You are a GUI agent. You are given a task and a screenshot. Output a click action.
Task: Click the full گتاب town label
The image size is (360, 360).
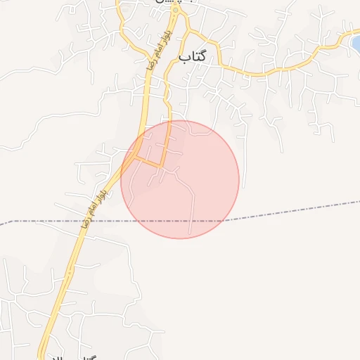click(x=192, y=56)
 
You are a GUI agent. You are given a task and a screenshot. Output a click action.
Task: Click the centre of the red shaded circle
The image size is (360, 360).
click(x=180, y=179)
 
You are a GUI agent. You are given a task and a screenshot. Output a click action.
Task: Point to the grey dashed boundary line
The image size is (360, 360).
click(x=295, y=210)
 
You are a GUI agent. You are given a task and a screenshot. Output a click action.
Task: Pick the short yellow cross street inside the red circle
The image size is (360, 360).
click(x=149, y=163)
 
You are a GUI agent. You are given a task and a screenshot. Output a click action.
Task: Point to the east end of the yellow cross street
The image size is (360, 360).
click(x=162, y=167)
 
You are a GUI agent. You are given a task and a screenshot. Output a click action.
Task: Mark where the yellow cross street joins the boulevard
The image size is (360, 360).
click(x=136, y=158)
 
